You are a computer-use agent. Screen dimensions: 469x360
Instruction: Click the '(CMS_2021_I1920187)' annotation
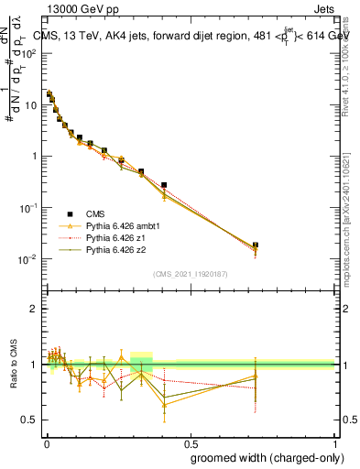[x=190, y=274]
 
